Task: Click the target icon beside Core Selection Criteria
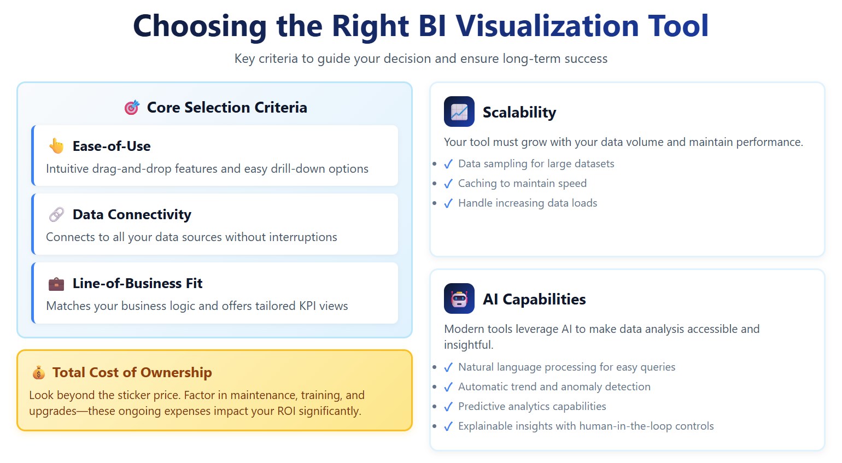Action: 132,108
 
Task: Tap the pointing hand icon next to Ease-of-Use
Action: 56,146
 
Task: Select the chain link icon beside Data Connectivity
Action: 56,214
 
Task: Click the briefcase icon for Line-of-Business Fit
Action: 56,284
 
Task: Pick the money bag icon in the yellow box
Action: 39,372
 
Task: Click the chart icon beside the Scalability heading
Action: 459,112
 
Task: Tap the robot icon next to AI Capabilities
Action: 459,298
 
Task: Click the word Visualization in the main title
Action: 547,26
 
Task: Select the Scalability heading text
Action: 519,113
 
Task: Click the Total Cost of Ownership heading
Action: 132,372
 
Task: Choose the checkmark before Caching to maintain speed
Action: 448,184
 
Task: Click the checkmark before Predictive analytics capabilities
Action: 448,407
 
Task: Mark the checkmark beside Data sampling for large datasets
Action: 448,164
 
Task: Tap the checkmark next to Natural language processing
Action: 448,367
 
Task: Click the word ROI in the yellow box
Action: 286,411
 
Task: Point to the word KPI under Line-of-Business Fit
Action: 307,306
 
